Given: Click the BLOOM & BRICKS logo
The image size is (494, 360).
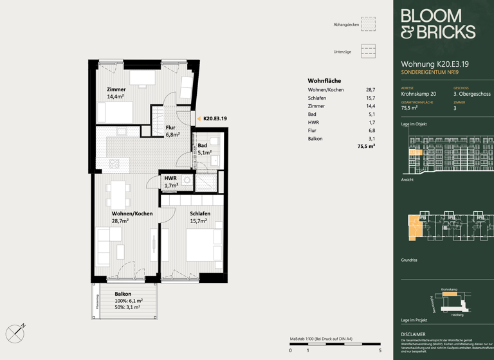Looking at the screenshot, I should [x=437, y=24].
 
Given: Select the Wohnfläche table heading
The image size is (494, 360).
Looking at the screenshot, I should [x=324, y=81].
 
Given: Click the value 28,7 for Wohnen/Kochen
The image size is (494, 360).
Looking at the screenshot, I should [x=370, y=90].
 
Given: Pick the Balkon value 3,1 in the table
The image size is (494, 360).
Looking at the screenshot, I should [x=371, y=139].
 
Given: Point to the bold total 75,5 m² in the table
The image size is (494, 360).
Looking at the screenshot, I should [x=366, y=147].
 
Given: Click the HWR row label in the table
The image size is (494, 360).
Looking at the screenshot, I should [x=313, y=122].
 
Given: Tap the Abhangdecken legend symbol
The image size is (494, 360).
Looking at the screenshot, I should [x=368, y=24].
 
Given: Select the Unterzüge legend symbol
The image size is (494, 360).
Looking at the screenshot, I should [x=368, y=51].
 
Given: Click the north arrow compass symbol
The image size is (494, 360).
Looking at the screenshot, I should [x=15, y=333].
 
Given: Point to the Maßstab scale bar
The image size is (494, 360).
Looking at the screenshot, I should [x=334, y=345].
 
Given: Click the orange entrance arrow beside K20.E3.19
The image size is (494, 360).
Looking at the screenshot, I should [x=199, y=119].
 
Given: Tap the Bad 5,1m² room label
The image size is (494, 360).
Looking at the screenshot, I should [x=203, y=149].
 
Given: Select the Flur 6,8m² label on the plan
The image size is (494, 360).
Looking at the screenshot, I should [x=172, y=132].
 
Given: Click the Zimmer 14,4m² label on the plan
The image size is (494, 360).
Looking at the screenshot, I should [x=116, y=93].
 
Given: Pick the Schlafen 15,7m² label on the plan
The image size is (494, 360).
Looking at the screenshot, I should [x=199, y=217].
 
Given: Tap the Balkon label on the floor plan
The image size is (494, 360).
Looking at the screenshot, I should [x=123, y=294].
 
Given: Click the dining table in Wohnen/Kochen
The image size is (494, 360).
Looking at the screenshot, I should [x=118, y=190].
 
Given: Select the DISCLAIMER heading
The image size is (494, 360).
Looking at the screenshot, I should [x=413, y=334].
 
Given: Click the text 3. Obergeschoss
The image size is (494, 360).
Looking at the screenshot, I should [x=471, y=94].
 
